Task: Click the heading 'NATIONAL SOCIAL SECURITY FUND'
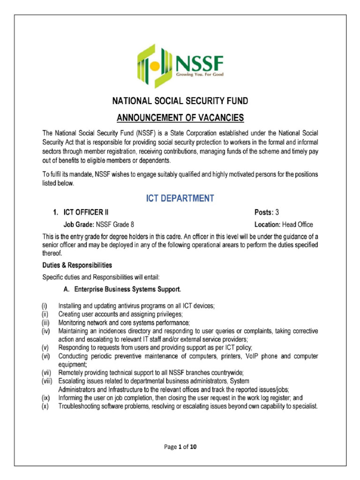tap(180, 101)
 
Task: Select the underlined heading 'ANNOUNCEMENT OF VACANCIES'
tap(180, 117)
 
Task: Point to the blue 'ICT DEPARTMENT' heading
tap(180, 198)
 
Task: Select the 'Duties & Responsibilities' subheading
tap(77, 265)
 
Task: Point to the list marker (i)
tap(44, 306)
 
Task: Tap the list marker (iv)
tap(45, 331)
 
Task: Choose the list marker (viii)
tap(47, 381)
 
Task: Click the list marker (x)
tap(45, 406)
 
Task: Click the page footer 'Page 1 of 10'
tap(180, 447)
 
